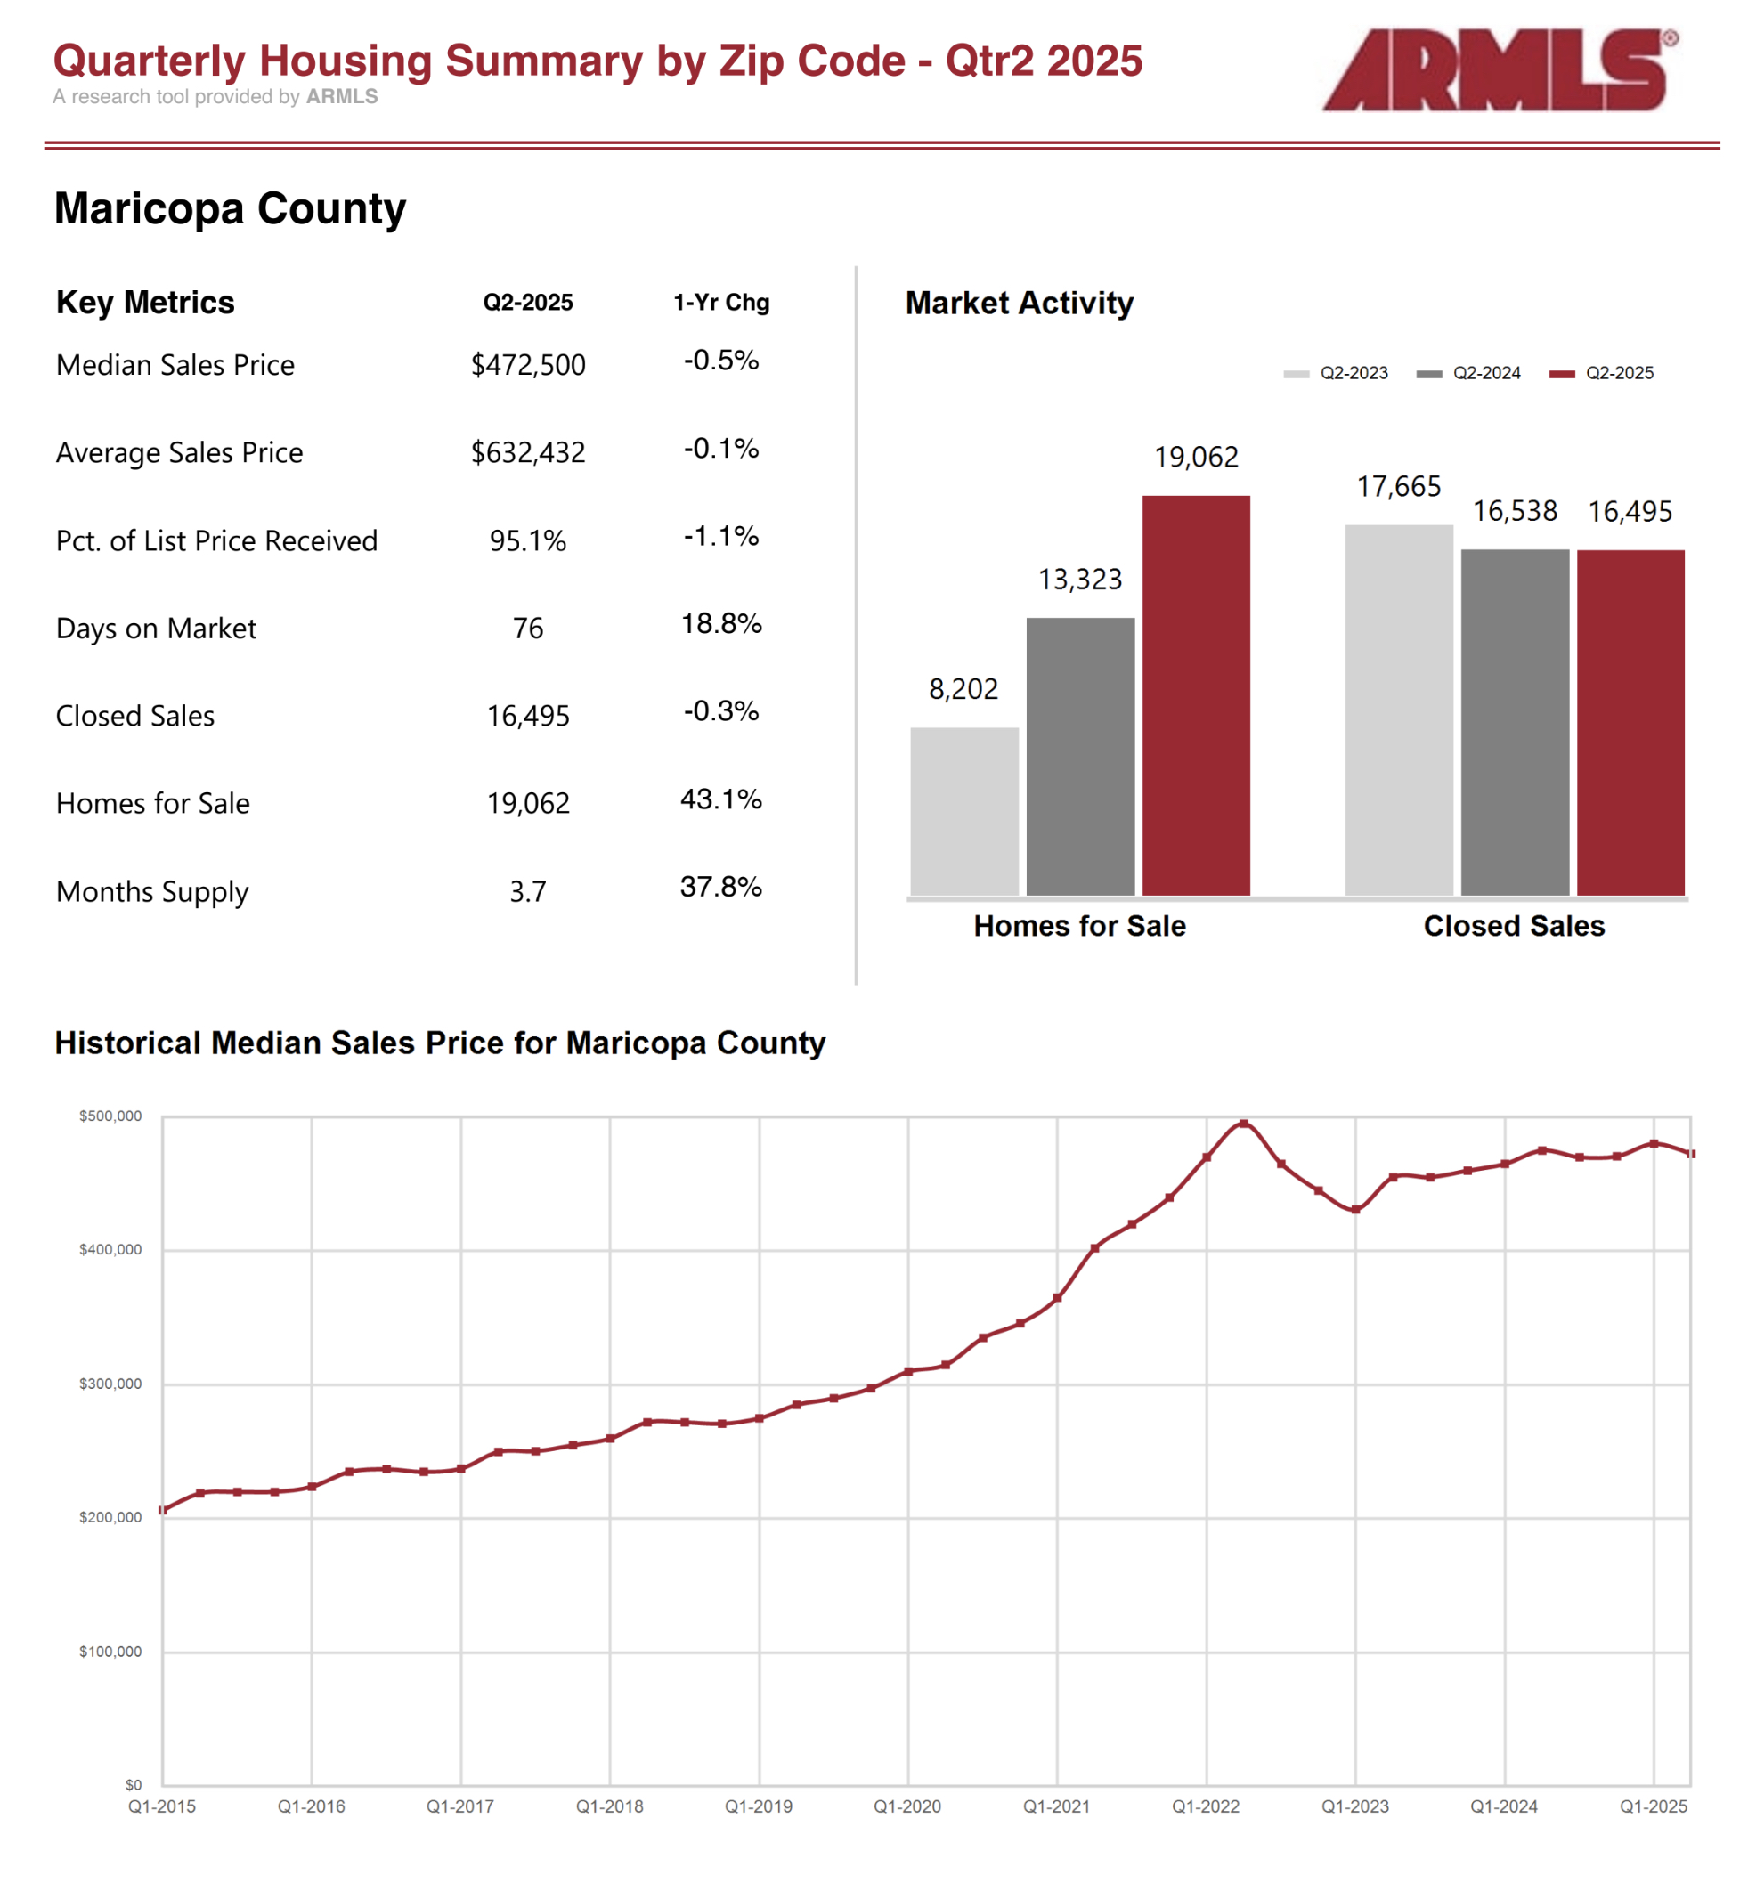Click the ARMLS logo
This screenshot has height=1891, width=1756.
(1499, 70)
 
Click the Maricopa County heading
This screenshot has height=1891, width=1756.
(230, 208)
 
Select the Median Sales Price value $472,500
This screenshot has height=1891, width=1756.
(527, 365)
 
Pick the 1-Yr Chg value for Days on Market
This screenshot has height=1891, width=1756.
(720, 624)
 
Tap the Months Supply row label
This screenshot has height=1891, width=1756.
(152, 891)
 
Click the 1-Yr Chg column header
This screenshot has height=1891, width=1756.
(720, 302)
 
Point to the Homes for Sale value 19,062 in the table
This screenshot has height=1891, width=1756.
(527, 804)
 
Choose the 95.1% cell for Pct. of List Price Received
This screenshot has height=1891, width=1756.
(527, 540)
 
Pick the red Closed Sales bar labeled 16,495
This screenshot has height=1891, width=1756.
(1630, 722)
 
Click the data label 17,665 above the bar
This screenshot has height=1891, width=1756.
(1398, 486)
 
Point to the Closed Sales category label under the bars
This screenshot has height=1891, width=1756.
(1513, 926)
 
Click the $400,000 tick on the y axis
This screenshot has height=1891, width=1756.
(110, 1250)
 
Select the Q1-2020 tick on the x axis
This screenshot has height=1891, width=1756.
(906, 1806)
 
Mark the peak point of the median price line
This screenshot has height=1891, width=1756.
(1243, 1124)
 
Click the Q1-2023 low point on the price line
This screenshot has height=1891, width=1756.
(1355, 1210)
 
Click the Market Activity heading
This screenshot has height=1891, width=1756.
(1019, 303)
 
